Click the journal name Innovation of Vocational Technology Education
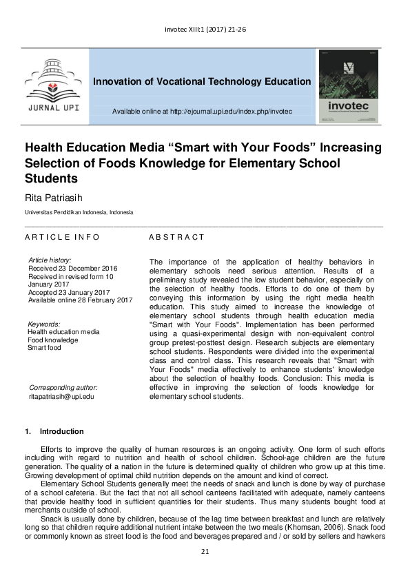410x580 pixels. pyautogui.click(x=202, y=81)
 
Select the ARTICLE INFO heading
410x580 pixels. pyautogui.click(x=63, y=237)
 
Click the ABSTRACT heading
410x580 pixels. pyautogui.click(x=177, y=237)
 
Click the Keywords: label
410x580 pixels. pyautogui.click(x=44, y=324)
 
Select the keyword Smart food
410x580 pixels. pyautogui.click(x=44, y=348)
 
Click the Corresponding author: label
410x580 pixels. pyautogui.click(x=63, y=388)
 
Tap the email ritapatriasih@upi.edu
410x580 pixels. pyautogui.click(x=61, y=397)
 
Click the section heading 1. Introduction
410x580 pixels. pyautogui.click(x=54, y=432)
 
